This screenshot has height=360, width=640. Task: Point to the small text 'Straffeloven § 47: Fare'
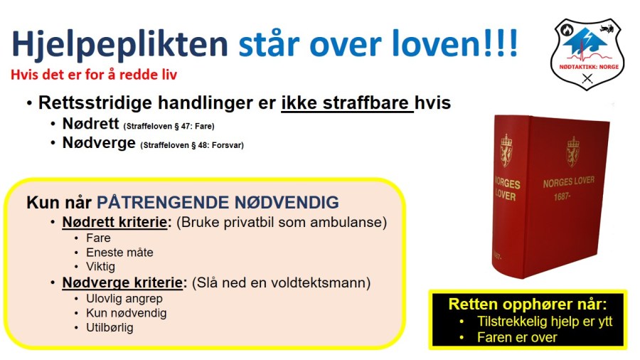click(169, 127)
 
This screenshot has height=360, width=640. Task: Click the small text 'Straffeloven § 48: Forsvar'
click(192, 146)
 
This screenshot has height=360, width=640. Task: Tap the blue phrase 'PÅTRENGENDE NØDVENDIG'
click(218, 202)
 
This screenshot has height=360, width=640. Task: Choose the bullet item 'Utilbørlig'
click(110, 328)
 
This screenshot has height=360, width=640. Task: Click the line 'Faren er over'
click(517, 337)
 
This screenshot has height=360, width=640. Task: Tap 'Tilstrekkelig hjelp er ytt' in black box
click(545, 321)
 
